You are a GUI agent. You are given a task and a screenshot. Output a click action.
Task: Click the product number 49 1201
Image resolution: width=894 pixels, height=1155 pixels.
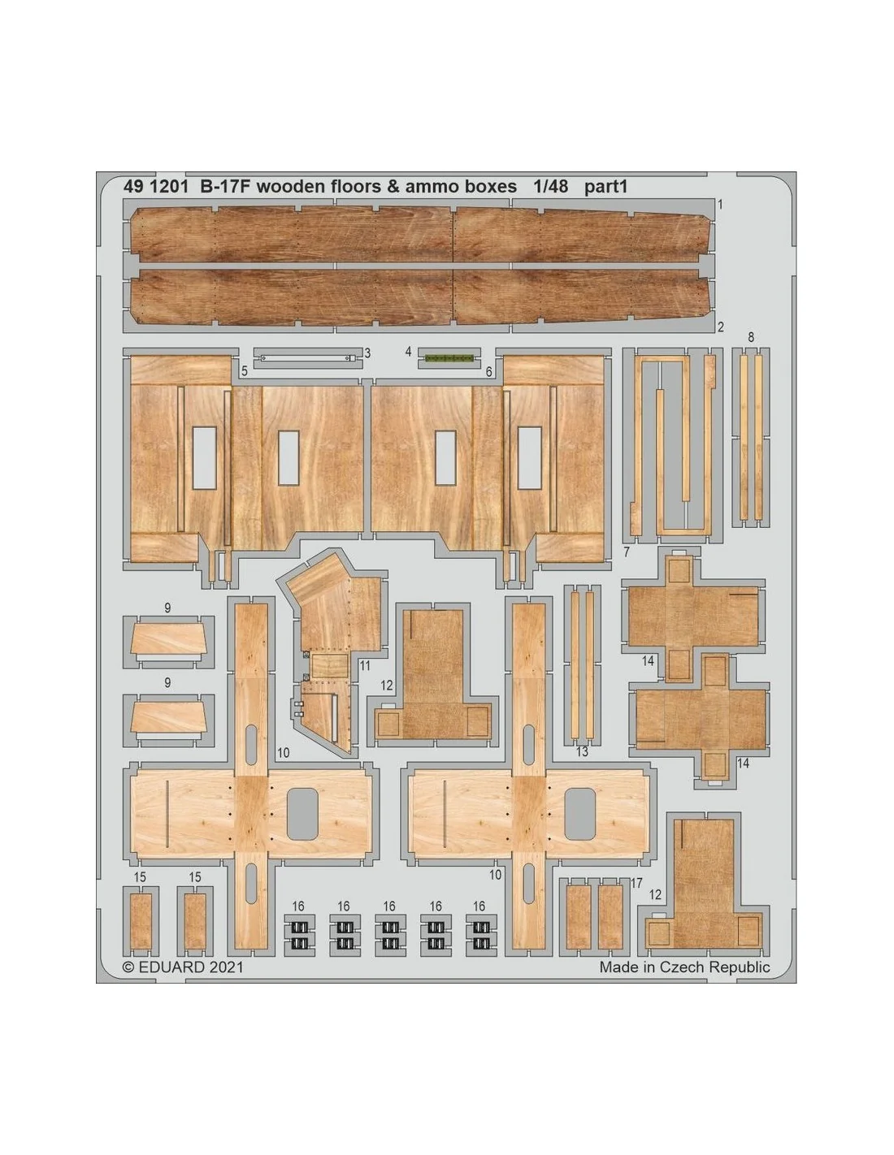click(x=155, y=187)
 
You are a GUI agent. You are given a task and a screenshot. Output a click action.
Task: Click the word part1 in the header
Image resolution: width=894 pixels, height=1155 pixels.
click(x=605, y=187)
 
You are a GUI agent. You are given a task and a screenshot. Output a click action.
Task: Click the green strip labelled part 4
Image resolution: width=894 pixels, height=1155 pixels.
click(x=449, y=359)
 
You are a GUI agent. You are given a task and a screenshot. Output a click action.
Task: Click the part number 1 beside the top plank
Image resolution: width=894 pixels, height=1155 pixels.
click(x=720, y=205)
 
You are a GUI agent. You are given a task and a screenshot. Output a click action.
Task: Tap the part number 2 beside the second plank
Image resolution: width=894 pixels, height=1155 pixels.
click(x=721, y=327)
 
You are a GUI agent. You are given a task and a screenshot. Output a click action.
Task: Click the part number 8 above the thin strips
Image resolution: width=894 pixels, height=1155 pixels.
click(x=751, y=337)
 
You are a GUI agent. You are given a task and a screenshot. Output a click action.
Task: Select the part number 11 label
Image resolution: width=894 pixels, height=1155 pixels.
click(x=364, y=665)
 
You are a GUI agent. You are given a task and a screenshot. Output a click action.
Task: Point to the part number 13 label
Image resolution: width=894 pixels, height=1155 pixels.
click(x=583, y=751)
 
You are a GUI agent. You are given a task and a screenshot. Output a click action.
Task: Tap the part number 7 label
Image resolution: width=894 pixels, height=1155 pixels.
click(x=627, y=552)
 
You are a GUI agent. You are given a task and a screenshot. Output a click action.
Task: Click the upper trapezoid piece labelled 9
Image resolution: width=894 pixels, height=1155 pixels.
click(x=168, y=639)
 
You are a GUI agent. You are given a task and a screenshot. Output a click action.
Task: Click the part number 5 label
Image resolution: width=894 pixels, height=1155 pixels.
click(x=245, y=371)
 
